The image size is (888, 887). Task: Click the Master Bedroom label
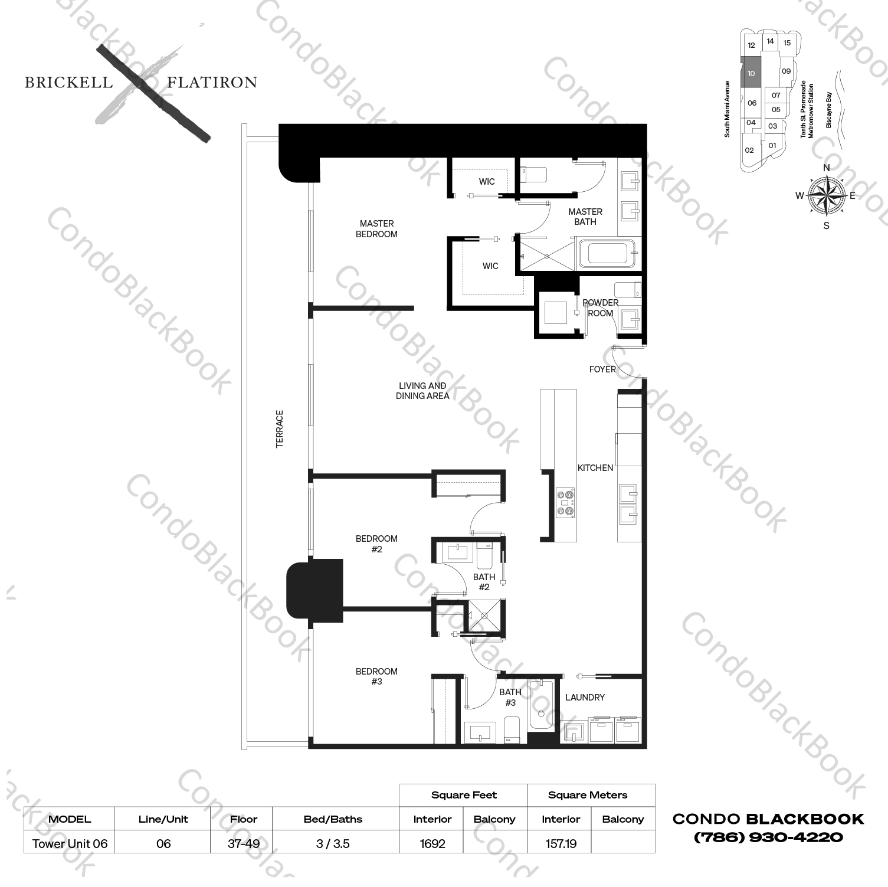point(376,229)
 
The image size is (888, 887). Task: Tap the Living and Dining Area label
point(422,391)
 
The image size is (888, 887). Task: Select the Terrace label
point(280,429)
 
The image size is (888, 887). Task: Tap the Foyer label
point(602,369)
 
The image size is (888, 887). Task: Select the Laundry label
point(585,698)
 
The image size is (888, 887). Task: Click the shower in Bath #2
point(484,616)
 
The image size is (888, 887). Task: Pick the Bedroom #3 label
point(376,676)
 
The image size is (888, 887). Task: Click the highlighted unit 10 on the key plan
point(751,74)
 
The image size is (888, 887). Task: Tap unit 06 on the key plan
point(752,103)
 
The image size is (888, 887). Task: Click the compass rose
point(826,196)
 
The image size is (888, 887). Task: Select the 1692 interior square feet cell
point(432,844)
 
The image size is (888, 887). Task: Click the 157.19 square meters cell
point(561,844)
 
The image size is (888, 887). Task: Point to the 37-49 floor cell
point(244,844)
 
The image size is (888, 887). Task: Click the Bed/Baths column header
point(333,819)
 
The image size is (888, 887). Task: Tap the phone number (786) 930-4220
point(768,837)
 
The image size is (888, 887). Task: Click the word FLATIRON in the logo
point(212,83)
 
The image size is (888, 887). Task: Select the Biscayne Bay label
point(829,110)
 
